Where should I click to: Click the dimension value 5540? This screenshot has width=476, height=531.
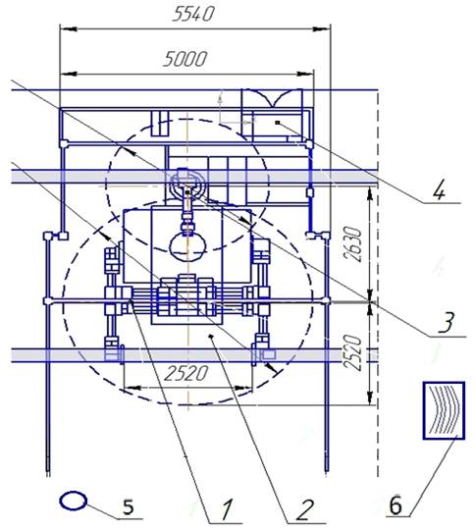pyautogui.click(x=193, y=14)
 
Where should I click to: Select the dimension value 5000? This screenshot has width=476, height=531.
pyautogui.click(x=185, y=59)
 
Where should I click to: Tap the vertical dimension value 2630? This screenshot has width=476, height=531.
pyautogui.click(x=353, y=243)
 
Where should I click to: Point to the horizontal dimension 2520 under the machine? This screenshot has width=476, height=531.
pyautogui.click(x=185, y=373)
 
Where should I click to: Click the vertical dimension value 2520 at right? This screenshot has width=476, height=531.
pyautogui.click(x=352, y=352)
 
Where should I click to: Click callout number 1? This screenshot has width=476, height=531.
pyautogui.click(x=227, y=510)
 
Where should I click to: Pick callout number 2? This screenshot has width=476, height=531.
pyautogui.click(x=304, y=510)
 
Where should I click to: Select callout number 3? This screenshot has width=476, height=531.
pyautogui.click(x=447, y=322)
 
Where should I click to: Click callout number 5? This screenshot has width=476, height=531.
pyautogui.click(x=128, y=507)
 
